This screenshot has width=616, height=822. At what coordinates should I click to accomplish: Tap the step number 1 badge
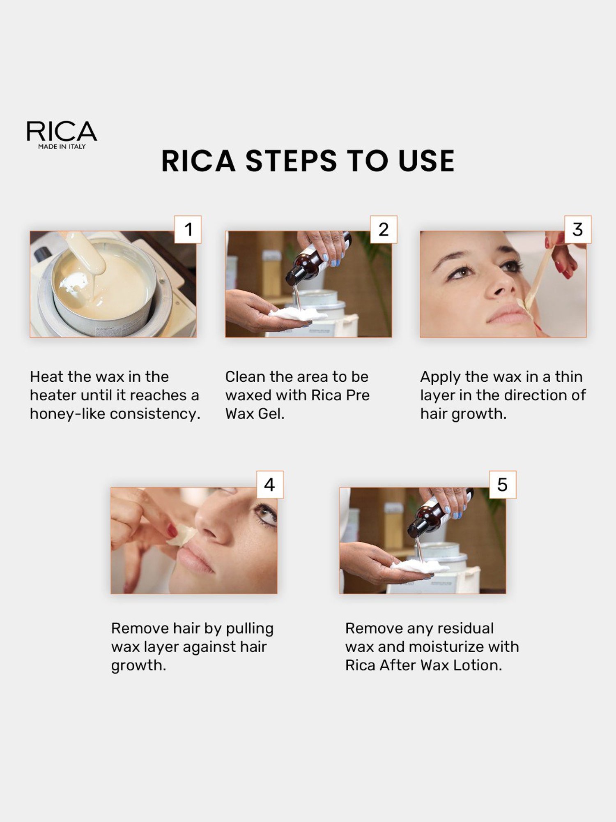[188, 229]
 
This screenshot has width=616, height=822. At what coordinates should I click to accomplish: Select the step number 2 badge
[384, 229]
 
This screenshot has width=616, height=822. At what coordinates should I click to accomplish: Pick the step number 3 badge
[577, 229]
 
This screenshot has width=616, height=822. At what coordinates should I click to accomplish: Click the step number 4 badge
[269, 485]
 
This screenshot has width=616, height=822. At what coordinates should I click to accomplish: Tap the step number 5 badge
[502, 485]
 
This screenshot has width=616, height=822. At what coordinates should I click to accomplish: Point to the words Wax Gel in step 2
[254, 414]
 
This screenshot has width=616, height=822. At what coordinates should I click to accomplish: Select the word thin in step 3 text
[568, 376]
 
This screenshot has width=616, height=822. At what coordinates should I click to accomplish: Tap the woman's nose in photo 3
[499, 284]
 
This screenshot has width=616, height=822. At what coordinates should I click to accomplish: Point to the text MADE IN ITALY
[62, 147]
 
